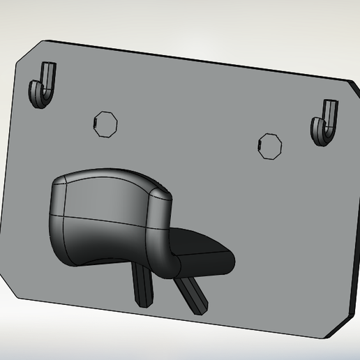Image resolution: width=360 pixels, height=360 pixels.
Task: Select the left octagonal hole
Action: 105,123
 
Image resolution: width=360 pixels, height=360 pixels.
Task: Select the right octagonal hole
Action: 269,144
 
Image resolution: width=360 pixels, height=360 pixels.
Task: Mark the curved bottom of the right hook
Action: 322,138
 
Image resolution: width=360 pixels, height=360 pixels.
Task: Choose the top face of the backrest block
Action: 105,177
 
